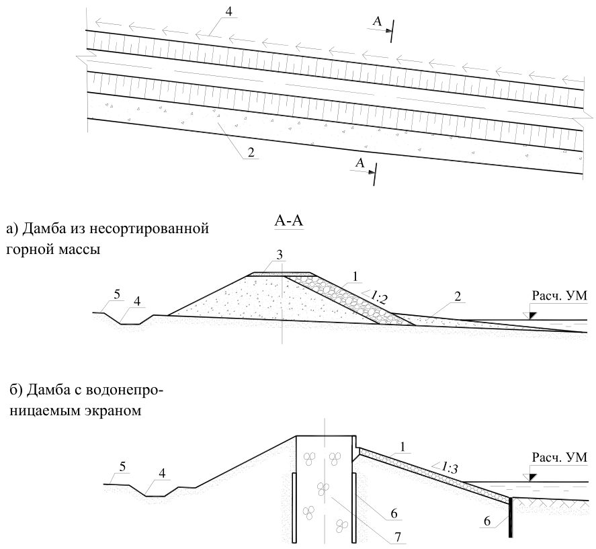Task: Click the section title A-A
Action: tap(289, 221)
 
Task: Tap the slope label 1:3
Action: tap(449, 467)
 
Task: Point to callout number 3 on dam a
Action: tap(280, 255)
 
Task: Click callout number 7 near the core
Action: tap(398, 537)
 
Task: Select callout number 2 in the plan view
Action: tap(251, 153)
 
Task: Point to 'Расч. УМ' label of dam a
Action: tap(559, 296)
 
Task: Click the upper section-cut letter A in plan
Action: tap(377, 22)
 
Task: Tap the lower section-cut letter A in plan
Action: tap(360, 163)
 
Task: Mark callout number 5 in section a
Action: tap(117, 294)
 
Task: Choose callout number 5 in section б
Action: tap(122, 467)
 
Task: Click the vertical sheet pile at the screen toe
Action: tap(510, 517)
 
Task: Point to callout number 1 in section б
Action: tap(403, 447)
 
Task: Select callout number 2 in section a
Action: tap(458, 296)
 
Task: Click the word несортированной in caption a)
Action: tap(152, 229)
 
